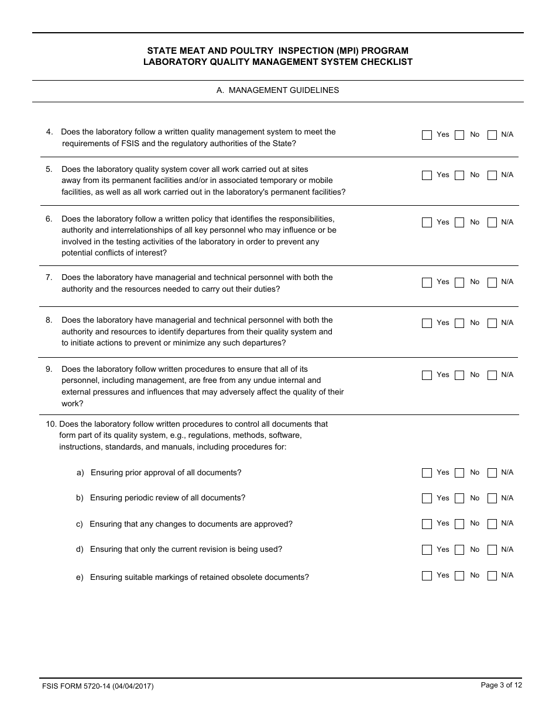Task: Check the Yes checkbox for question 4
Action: pos(427,135)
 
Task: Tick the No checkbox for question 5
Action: pos(459,175)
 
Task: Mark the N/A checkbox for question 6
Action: pos(492,223)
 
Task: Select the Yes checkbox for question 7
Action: pos(427,282)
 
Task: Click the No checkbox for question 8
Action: pos(459,323)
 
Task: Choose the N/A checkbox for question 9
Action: pos(492,375)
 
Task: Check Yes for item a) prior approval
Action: pos(427,473)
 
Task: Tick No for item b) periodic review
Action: pos(459,499)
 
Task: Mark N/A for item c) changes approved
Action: pos(492,524)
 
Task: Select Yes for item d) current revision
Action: pos(427,550)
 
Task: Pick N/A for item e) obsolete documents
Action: pos(492,576)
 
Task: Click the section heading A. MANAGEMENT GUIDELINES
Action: pos(277,91)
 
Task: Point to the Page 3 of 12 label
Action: pos(501,686)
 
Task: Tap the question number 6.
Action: pos(49,219)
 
